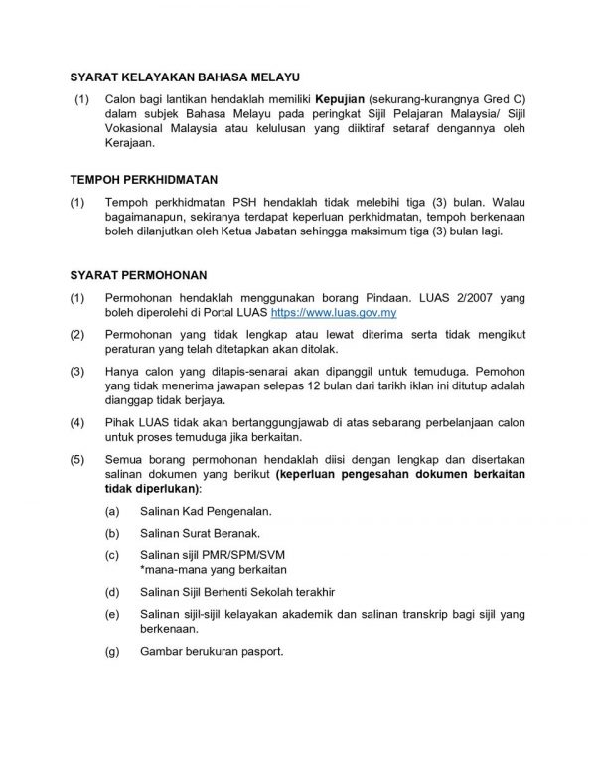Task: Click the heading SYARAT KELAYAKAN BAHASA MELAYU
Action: pos(184,77)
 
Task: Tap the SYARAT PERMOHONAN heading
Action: pos(138,273)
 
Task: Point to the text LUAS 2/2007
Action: pos(453,297)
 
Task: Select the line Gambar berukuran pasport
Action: pos(212,653)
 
